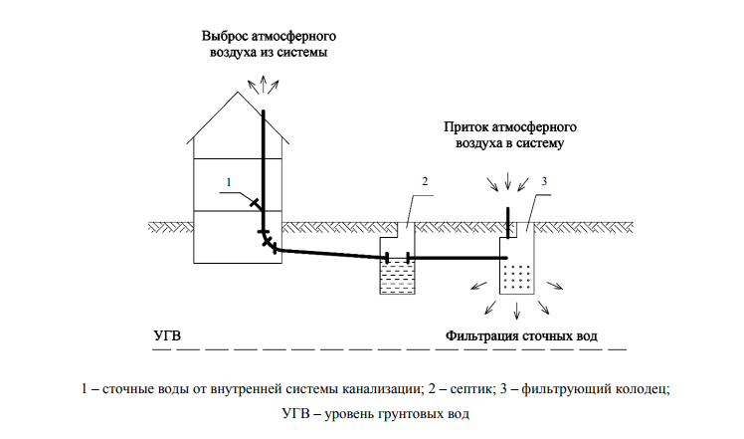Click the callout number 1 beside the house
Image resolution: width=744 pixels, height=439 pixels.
(x=229, y=182)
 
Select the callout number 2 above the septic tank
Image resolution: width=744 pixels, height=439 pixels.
(x=425, y=181)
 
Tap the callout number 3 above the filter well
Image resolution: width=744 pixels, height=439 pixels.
(x=544, y=181)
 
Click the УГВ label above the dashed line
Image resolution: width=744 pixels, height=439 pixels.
(x=167, y=335)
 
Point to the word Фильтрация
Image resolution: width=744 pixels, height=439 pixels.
(x=481, y=336)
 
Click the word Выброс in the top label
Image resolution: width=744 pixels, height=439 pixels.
(x=225, y=36)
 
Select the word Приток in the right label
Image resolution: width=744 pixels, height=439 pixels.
(x=465, y=127)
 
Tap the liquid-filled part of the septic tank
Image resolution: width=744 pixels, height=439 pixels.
(x=397, y=277)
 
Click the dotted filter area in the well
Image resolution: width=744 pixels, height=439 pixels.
(x=516, y=278)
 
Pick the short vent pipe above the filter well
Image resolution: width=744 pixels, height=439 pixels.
(x=507, y=222)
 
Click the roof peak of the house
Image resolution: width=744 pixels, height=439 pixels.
(x=238, y=92)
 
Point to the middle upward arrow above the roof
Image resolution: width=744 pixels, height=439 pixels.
(x=264, y=84)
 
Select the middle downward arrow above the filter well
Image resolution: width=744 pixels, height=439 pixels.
(x=508, y=180)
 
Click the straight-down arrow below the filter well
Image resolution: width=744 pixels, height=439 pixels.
(x=516, y=310)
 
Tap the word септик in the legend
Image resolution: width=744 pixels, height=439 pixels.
(x=469, y=389)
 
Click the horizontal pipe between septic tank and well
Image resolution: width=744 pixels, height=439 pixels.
(x=458, y=258)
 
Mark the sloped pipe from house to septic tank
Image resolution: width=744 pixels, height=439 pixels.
(x=331, y=254)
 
